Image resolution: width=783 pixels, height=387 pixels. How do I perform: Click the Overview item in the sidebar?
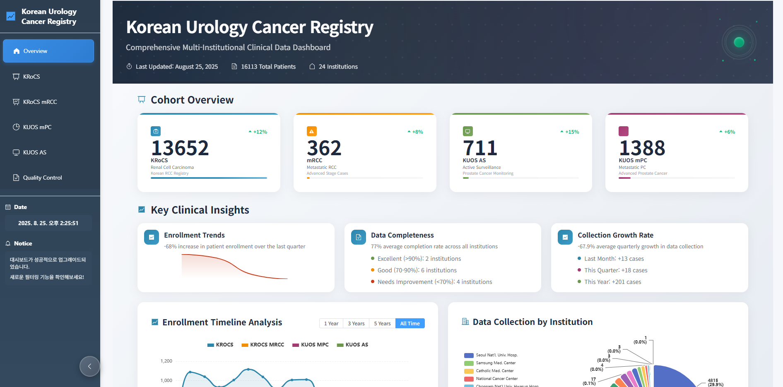(x=48, y=51)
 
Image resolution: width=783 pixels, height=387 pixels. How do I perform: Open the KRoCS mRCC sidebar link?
(x=40, y=102)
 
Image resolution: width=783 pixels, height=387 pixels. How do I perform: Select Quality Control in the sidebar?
(x=42, y=178)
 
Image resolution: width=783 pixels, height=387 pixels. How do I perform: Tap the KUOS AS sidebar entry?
(x=34, y=152)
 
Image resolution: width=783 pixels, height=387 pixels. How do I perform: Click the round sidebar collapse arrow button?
(x=89, y=366)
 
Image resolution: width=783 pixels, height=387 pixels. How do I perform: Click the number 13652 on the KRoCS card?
(x=180, y=148)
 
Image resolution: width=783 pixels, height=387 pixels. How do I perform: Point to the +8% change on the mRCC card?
(x=417, y=132)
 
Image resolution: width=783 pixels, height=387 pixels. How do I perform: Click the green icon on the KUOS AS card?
(x=467, y=131)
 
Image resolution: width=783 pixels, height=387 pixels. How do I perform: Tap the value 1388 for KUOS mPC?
(x=642, y=148)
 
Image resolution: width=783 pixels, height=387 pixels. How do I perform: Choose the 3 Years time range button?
(x=356, y=324)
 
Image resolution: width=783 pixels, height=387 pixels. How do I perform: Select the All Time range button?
(x=410, y=324)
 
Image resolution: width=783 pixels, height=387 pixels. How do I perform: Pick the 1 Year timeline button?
(x=331, y=324)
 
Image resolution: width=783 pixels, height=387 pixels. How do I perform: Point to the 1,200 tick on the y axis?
(x=166, y=361)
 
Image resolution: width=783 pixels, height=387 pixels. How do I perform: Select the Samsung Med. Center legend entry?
(x=495, y=363)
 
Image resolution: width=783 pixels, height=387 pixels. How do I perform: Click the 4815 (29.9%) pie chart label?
(x=715, y=382)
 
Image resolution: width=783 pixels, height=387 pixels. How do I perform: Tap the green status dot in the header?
(x=739, y=42)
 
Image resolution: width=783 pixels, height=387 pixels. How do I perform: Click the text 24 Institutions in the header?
(x=338, y=67)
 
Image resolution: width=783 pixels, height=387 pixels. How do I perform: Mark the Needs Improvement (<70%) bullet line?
(x=434, y=282)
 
